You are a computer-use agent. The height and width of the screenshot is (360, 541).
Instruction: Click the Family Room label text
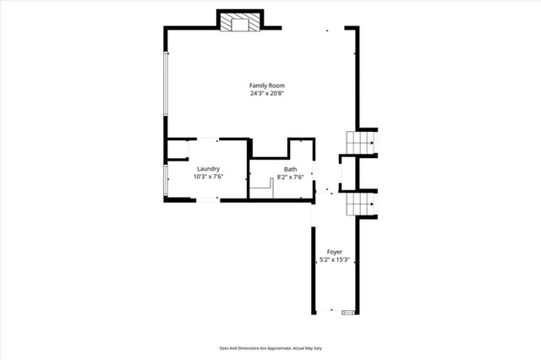coord(266,85)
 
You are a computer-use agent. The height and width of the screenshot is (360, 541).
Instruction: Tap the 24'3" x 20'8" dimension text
coord(266,94)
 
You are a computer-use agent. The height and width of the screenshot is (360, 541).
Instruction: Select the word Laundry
coord(209,168)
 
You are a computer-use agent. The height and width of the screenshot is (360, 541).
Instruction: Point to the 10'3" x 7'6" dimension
coord(209,177)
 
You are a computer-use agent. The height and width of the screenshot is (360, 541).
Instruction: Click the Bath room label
coord(290,168)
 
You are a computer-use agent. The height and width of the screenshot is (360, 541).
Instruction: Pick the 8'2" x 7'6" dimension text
coord(290,177)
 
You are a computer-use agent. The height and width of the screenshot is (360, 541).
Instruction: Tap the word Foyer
coord(334,252)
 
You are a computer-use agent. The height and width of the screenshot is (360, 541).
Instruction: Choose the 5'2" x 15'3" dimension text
coord(334,260)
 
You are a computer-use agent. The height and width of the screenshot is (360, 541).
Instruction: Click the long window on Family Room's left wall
coord(166,85)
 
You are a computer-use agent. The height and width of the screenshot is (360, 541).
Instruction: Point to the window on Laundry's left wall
coord(166,179)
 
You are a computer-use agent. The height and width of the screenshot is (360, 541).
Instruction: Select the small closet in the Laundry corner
coord(177,150)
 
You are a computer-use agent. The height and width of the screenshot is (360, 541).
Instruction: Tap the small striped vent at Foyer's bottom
coord(347,313)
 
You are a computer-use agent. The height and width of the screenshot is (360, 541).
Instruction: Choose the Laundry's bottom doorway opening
coord(206,199)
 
